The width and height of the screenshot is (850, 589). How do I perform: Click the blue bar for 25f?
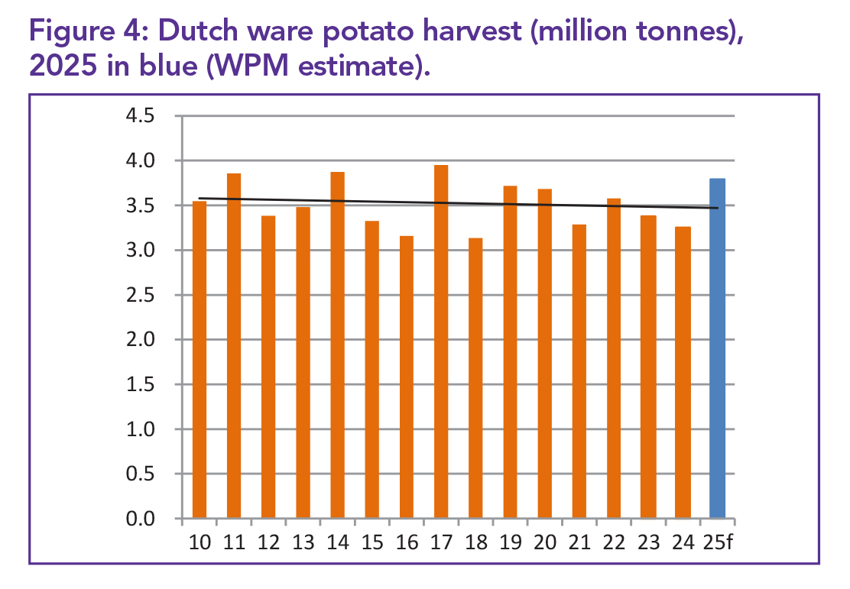point(717,348)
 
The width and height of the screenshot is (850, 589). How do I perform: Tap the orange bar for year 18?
point(475,378)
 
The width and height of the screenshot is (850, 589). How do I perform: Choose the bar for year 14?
point(337,345)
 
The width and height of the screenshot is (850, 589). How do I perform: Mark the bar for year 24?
point(683,373)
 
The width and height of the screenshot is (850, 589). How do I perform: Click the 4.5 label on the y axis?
point(141,117)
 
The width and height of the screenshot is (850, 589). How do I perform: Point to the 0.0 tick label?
point(141,519)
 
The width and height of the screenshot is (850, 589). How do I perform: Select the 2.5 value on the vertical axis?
point(141,296)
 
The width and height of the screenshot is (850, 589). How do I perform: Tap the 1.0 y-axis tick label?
point(141,430)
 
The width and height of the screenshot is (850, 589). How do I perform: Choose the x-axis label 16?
point(407,543)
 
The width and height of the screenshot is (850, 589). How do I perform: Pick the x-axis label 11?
point(235,543)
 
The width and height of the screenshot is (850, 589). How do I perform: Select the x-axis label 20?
point(544,543)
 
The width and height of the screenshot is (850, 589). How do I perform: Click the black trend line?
point(459,203)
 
